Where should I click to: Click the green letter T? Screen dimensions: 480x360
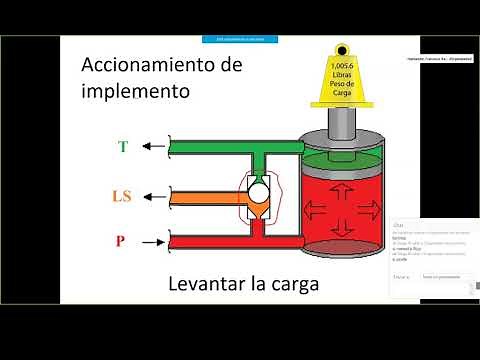[123, 146]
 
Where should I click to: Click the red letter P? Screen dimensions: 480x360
[123, 241]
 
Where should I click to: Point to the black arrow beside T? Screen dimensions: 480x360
[153, 146]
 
